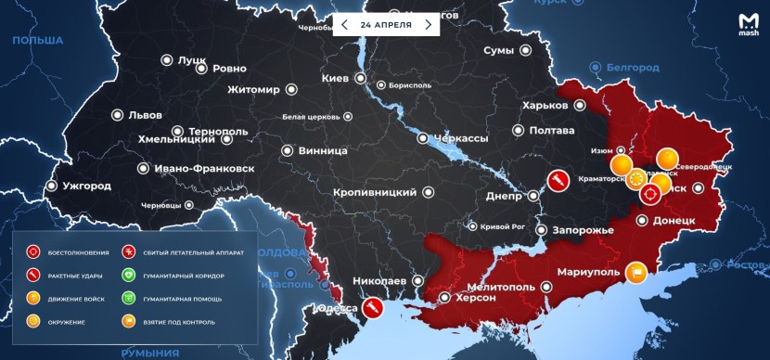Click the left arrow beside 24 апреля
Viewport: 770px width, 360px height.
[x=345, y=25]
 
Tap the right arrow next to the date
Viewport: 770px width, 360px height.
[x=428, y=25]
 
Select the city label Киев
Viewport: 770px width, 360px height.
[x=334, y=78]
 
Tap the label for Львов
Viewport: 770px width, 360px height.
[x=144, y=115]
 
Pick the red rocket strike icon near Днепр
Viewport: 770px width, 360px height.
[x=558, y=180]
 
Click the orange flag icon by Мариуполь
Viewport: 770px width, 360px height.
[x=635, y=271]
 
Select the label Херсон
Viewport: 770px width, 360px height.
[x=475, y=298]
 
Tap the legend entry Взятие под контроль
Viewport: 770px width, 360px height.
[x=180, y=321]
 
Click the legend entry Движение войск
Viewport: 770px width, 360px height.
[x=76, y=298]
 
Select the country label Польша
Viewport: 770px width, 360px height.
[x=36, y=40]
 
